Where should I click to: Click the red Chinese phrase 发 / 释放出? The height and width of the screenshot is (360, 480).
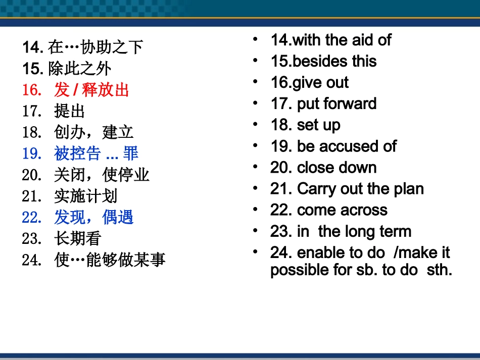(x=91, y=90)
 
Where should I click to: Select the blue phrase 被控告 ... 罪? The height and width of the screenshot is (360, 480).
(x=96, y=153)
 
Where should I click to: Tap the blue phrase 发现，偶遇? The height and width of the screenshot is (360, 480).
(x=93, y=218)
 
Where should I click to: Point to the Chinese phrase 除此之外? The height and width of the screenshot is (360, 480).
(x=80, y=69)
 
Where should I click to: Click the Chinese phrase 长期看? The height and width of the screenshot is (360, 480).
(x=78, y=239)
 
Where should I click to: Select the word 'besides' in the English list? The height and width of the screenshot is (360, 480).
(x=320, y=61)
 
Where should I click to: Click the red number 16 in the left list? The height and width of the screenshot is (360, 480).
(x=30, y=90)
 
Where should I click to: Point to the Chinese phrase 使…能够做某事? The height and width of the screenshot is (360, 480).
(x=110, y=260)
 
